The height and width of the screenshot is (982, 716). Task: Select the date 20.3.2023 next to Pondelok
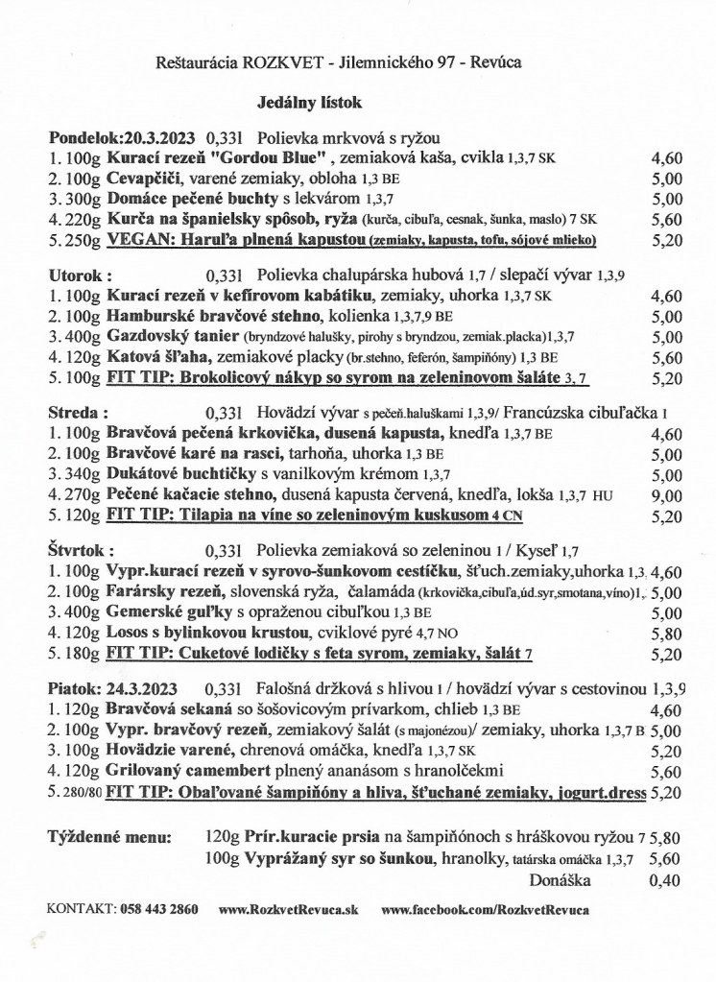tap(154, 136)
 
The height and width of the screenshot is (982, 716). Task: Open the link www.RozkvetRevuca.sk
tap(289, 908)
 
